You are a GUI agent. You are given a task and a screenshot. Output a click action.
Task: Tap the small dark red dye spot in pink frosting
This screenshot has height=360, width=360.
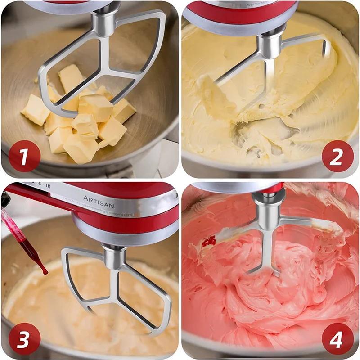coord(208,242)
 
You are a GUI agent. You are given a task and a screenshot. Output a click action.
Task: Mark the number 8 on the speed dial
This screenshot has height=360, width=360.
coord(40,184)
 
